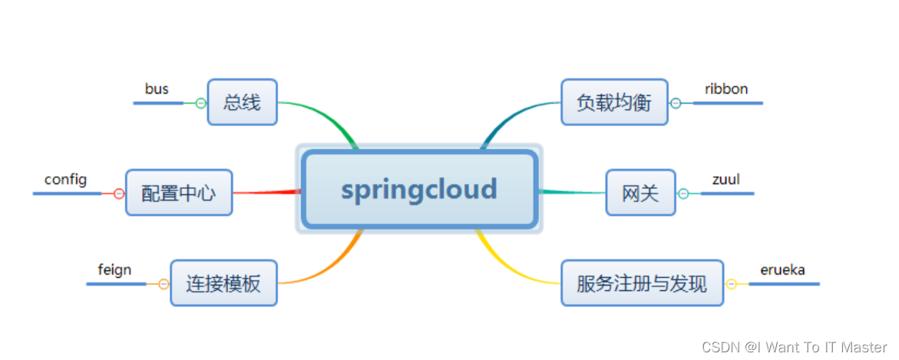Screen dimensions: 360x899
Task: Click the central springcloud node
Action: pyautogui.click(x=419, y=189)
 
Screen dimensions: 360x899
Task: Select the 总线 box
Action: pyautogui.click(x=242, y=102)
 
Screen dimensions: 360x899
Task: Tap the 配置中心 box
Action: pyautogui.click(x=178, y=193)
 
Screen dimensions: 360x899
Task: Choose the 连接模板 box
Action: pyautogui.click(x=223, y=283)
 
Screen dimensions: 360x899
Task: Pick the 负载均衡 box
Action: pyautogui.click(x=614, y=102)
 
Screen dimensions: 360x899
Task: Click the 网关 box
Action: pyautogui.click(x=640, y=193)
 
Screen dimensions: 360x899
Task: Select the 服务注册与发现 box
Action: pyautogui.click(x=642, y=283)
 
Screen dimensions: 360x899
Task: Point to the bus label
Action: pyautogui.click(x=157, y=89)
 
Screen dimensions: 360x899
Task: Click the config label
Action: pyautogui.click(x=65, y=180)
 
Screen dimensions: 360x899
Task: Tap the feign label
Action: pyautogui.click(x=114, y=270)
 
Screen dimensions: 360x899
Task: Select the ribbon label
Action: pyautogui.click(x=726, y=89)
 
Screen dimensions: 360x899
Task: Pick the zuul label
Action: pyautogui.click(x=725, y=180)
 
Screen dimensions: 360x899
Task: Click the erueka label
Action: pyautogui.click(x=782, y=270)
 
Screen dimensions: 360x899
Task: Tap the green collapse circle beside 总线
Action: pyautogui.click(x=201, y=103)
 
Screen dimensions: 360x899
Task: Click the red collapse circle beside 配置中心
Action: pyautogui.click(x=118, y=193)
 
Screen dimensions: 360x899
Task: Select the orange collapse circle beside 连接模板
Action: pyautogui.click(x=163, y=284)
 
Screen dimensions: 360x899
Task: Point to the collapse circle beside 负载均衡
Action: pyautogui.click(x=676, y=103)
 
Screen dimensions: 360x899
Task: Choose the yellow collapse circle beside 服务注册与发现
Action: pyautogui.click(x=731, y=284)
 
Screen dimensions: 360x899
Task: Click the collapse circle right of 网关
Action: pyautogui.click(x=683, y=193)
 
